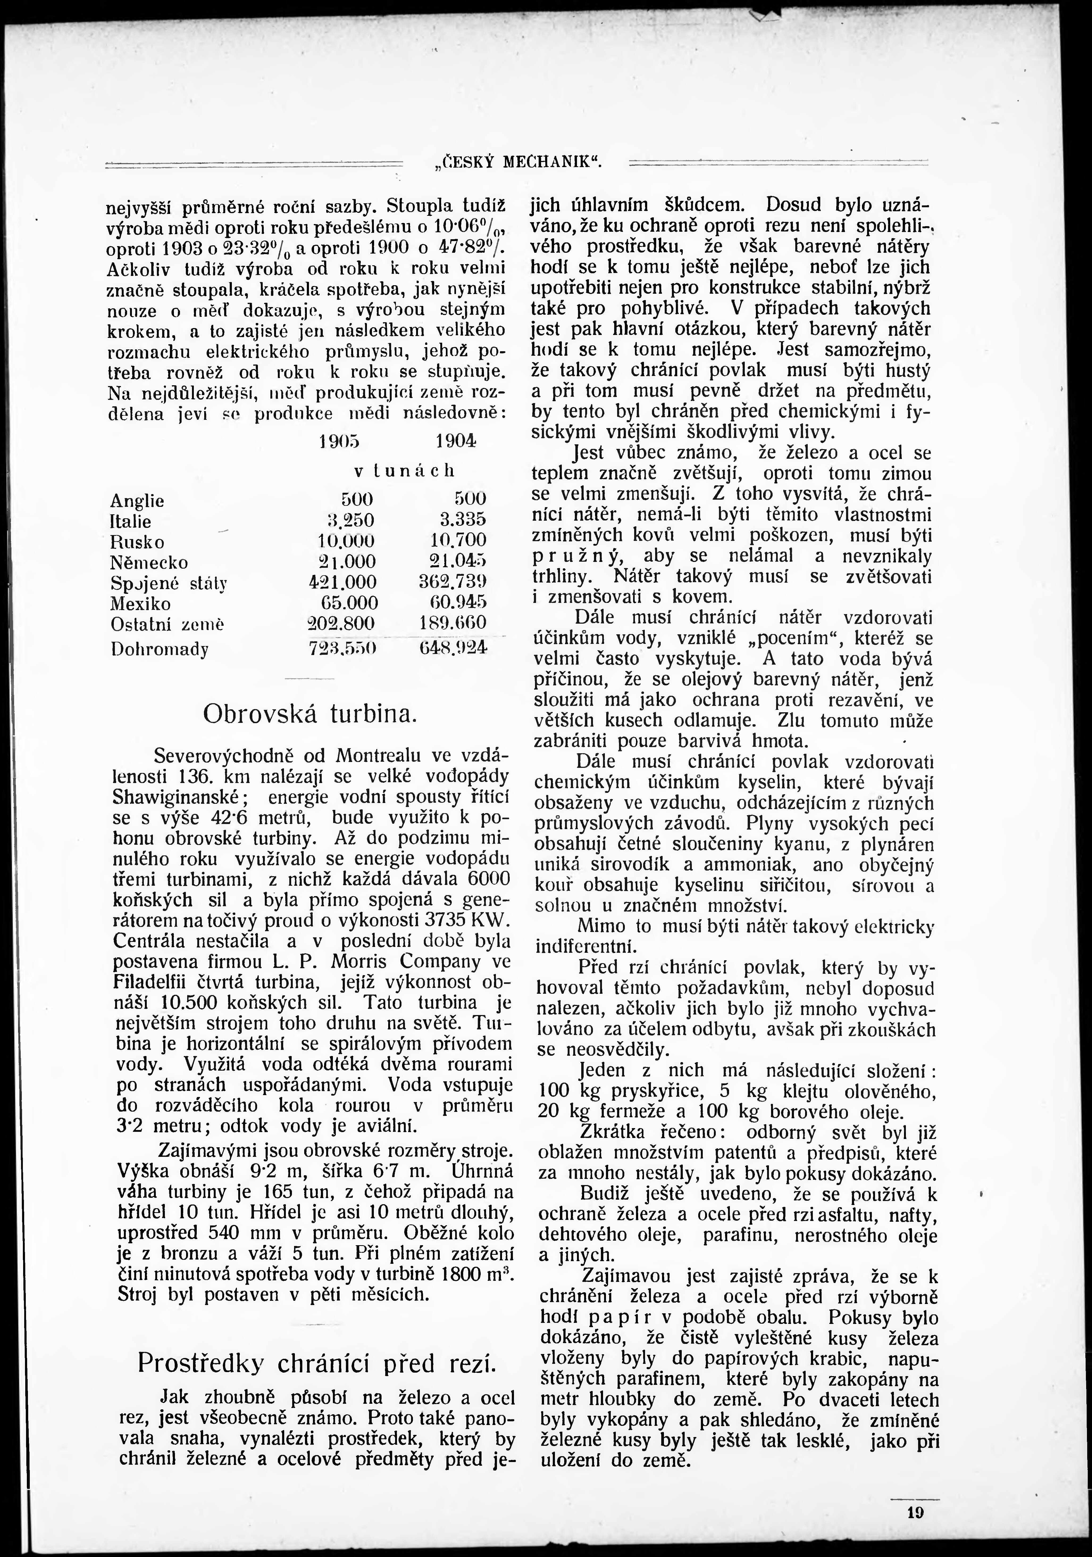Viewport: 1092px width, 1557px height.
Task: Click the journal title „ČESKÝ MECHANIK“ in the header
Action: (518, 163)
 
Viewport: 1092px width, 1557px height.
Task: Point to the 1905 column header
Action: (339, 441)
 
